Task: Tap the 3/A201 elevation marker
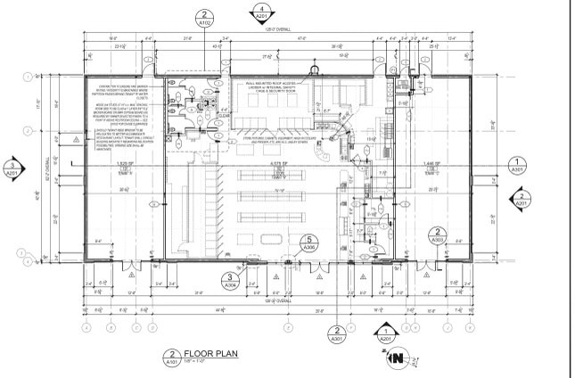tap(12, 168)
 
